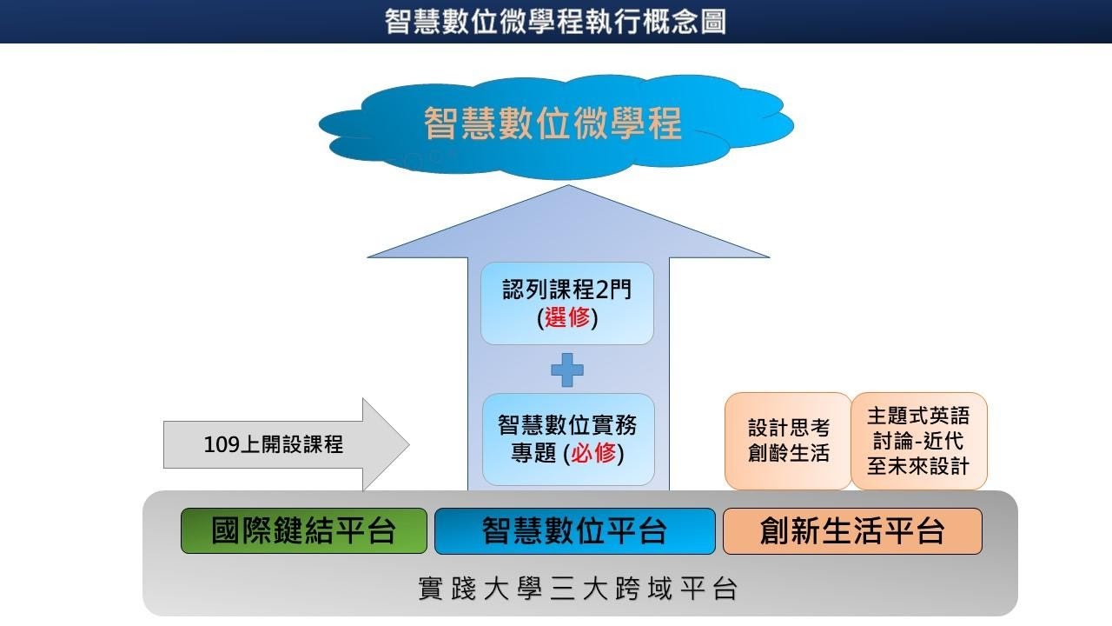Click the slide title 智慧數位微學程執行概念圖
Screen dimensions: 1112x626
click(555, 21)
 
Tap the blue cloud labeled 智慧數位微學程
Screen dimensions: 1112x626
click(553, 123)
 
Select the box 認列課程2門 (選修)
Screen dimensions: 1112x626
click(566, 303)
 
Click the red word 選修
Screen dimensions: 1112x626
click(567, 317)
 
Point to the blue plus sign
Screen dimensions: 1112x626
click(567, 370)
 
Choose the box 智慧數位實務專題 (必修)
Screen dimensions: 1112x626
click(567, 439)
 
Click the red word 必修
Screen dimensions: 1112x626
click(593, 453)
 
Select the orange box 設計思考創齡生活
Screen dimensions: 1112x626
click(788, 441)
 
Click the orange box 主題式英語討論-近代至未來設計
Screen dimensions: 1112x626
click(918, 441)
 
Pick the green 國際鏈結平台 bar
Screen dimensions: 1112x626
click(303, 531)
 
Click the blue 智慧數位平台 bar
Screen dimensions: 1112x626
click(574, 531)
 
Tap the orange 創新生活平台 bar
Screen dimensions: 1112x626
click(852, 531)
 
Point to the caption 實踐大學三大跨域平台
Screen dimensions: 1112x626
click(579, 589)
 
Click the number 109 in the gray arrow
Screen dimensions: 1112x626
click(221, 445)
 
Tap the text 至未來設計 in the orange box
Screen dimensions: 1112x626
click(918, 466)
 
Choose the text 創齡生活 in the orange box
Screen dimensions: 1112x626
click(788, 453)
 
